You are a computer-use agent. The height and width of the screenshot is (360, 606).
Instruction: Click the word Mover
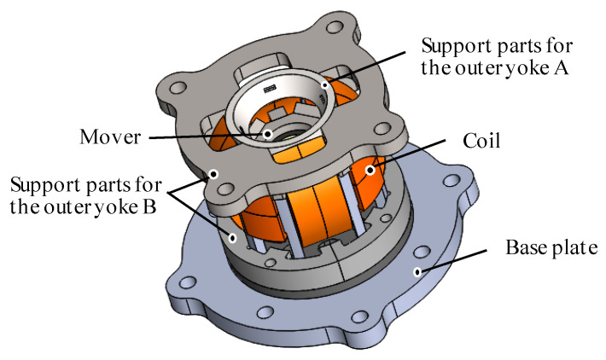click(109, 136)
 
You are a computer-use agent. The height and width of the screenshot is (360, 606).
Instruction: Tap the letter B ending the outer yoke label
click(150, 208)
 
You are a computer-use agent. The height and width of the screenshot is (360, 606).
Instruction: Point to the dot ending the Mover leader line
click(267, 134)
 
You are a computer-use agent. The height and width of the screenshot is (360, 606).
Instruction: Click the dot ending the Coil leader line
click(370, 171)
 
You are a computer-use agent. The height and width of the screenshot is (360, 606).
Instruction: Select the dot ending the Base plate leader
click(417, 272)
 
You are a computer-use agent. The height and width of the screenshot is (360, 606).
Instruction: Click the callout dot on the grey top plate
click(213, 174)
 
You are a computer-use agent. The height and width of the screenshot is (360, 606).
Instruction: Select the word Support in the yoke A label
click(446, 44)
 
